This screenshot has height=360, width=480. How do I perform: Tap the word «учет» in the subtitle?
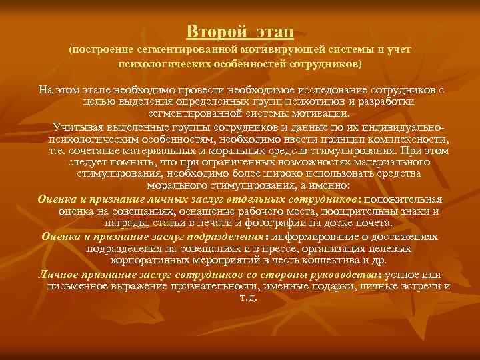coord(399,51)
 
